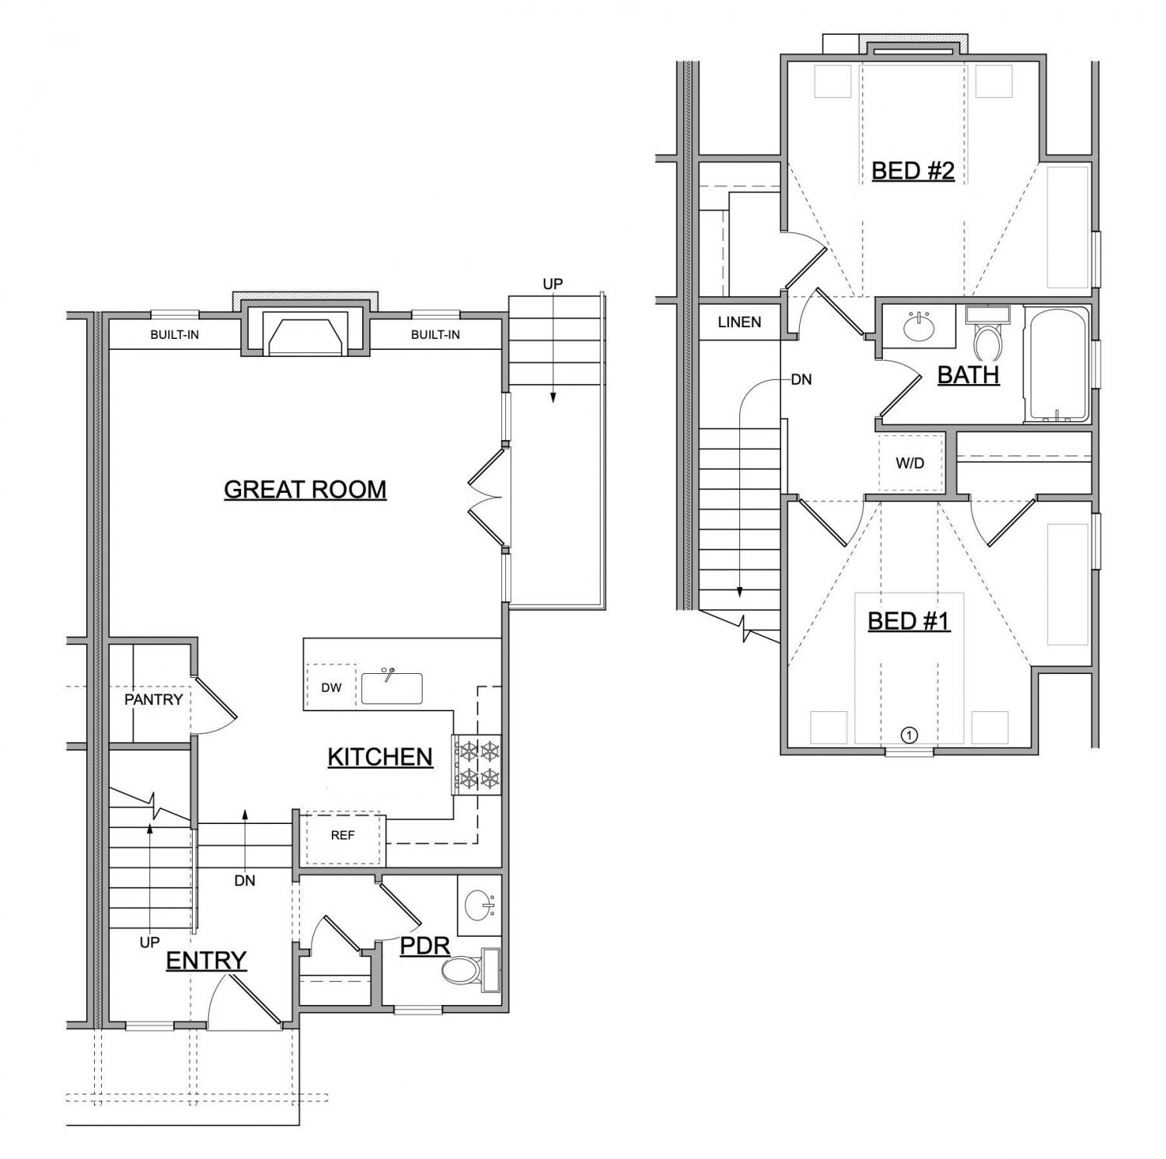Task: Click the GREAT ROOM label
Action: pyautogui.click(x=305, y=490)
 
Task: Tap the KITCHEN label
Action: pyautogui.click(x=380, y=757)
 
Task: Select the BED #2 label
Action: pyautogui.click(x=913, y=171)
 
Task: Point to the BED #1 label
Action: pyautogui.click(x=909, y=621)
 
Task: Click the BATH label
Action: pyautogui.click(x=969, y=375)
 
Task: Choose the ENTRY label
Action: pyautogui.click(x=206, y=961)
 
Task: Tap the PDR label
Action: pyautogui.click(x=425, y=946)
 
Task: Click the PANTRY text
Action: pyautogui.click(x=154, y=700)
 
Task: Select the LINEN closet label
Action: pyautogui.click(x=739, y=322)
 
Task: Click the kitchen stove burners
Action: pyautogui.click(x=477, y=765)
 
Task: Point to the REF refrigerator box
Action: pyautogui.click(x=343, y=837)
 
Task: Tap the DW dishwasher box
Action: pyautogui.click(x=331, y=687)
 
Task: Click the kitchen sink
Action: pyautogui.click(x=392, y=687)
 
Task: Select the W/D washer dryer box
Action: pyautogui.click(x=910, y=463)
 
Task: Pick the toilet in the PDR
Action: pyautogui.click(x=470, y=970)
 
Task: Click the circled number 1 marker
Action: pyautogui.click(x=909, y=735)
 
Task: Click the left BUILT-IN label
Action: pyautogui.click(x=174, y=335)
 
